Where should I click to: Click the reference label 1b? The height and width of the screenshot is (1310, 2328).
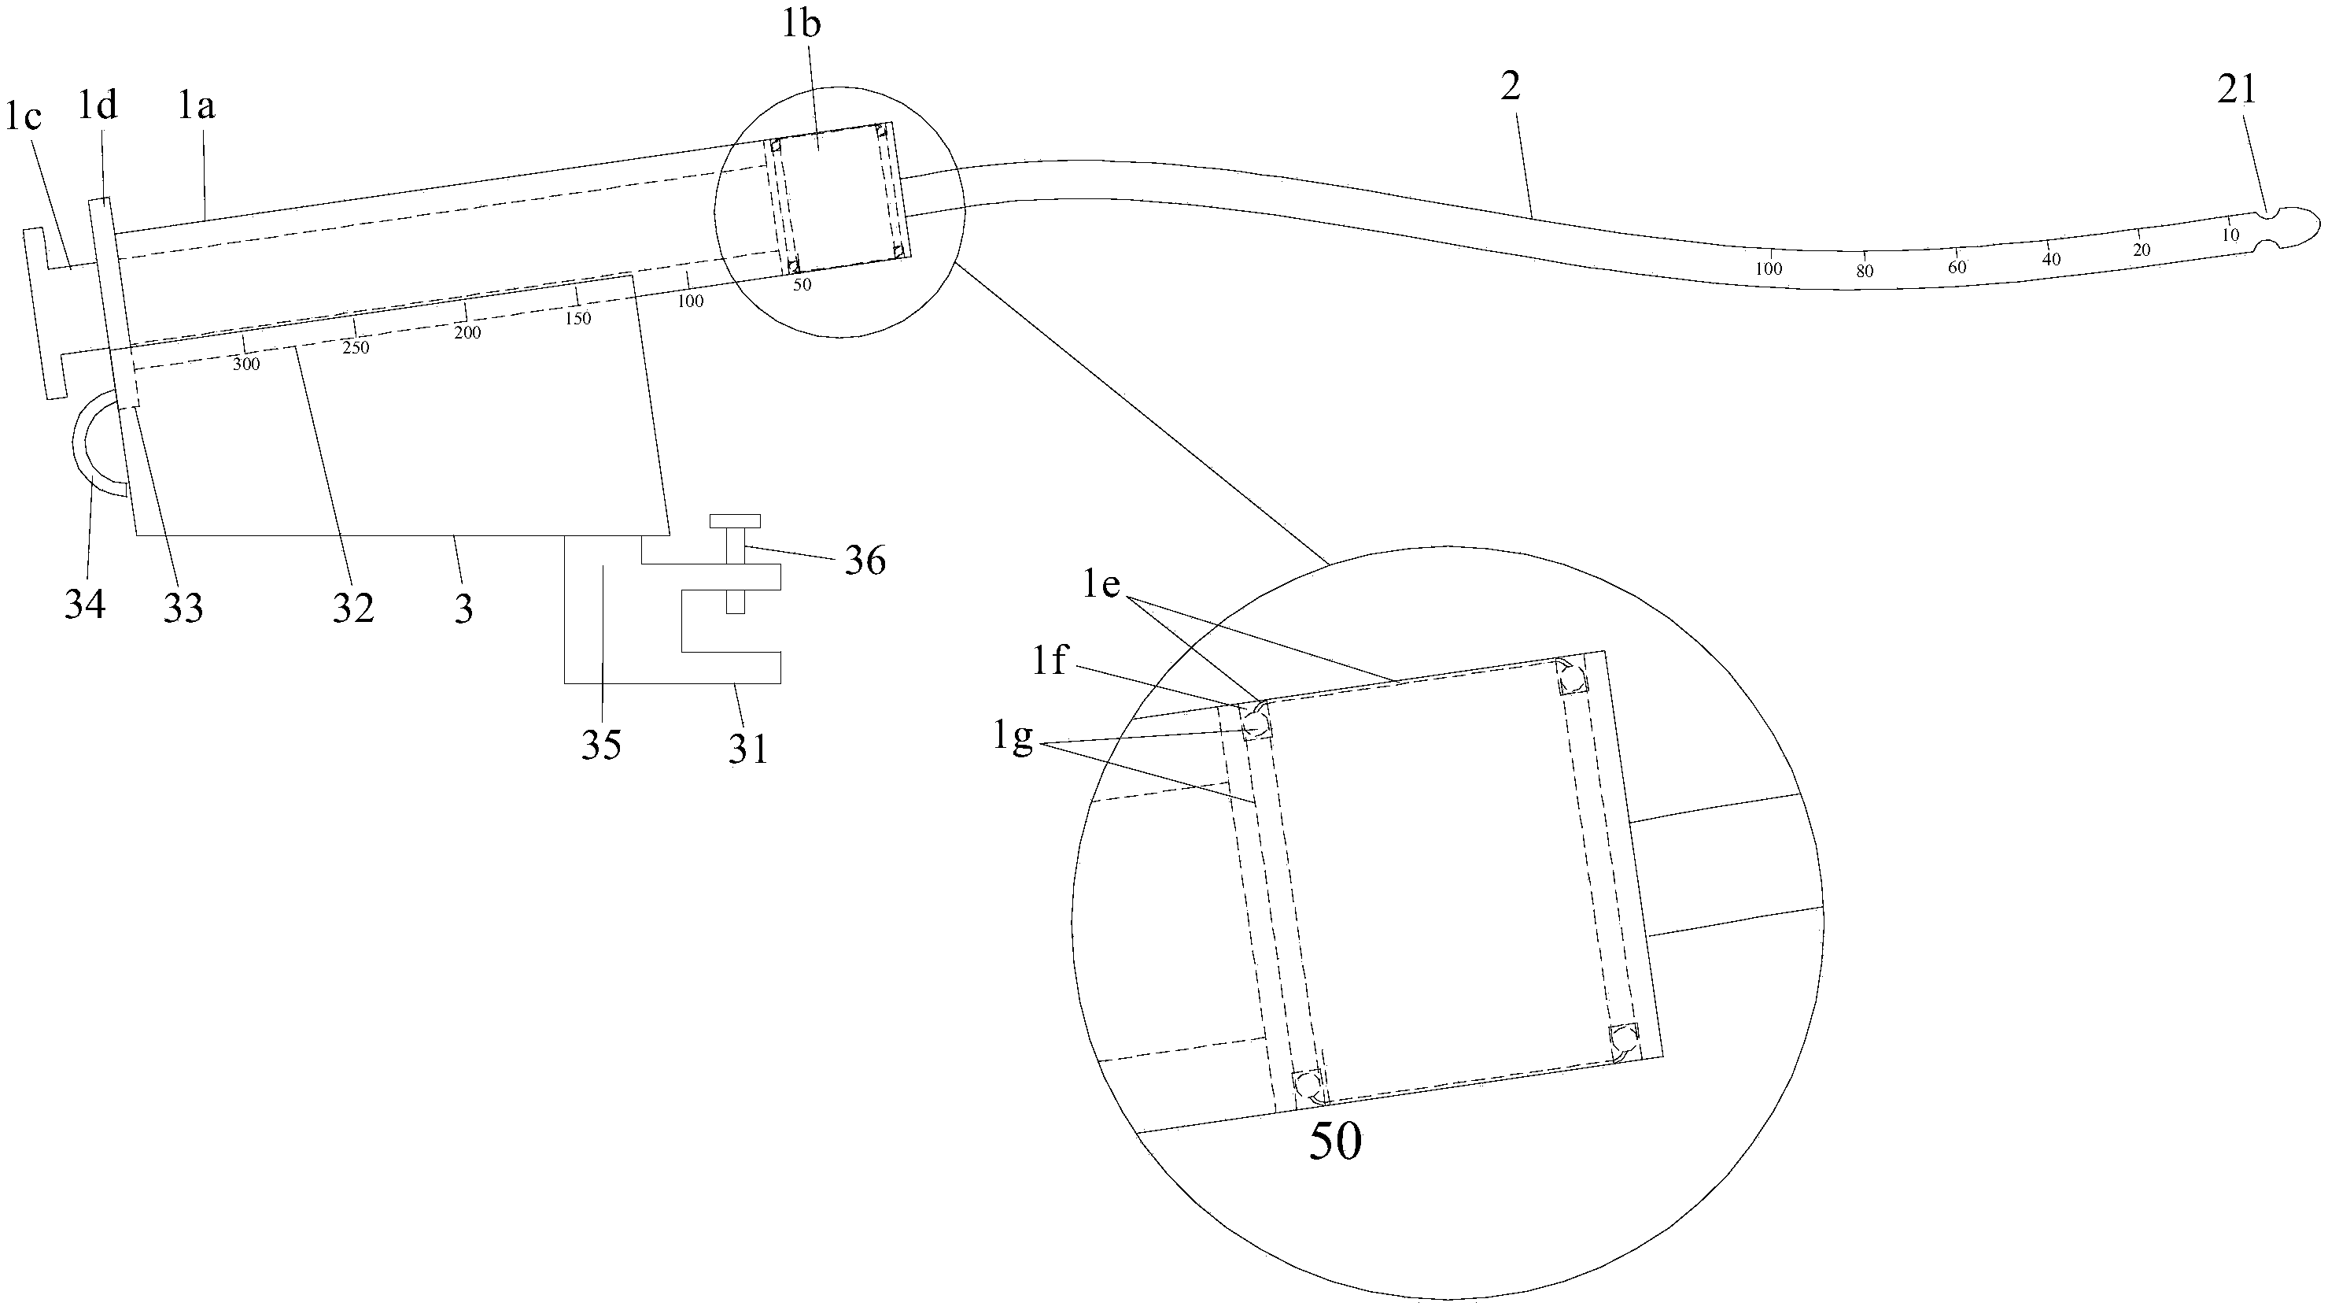tap(801, 24)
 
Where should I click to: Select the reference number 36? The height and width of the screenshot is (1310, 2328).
tap(865, 561)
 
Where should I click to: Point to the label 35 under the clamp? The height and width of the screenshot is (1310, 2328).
tap(601, 745)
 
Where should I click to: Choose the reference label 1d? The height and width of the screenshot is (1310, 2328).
tap(98, 105)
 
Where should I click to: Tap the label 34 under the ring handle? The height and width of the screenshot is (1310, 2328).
tap(85, 603)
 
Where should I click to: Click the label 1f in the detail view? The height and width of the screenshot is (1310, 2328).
tap(1051, 662)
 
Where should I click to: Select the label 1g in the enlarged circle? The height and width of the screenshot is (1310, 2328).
tap(1013, 738)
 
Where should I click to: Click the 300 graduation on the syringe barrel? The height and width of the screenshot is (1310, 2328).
tap(245, 365)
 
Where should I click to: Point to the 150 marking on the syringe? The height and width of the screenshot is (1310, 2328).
tap(578, 318)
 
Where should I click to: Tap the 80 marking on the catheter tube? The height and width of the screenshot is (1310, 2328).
tap(1865, 270)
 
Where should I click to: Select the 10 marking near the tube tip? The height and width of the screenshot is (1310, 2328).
tap(2230, 235)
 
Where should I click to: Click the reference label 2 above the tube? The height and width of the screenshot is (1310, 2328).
tap(1510, 86)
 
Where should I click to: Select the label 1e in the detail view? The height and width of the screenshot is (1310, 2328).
tap(1102, 585)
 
